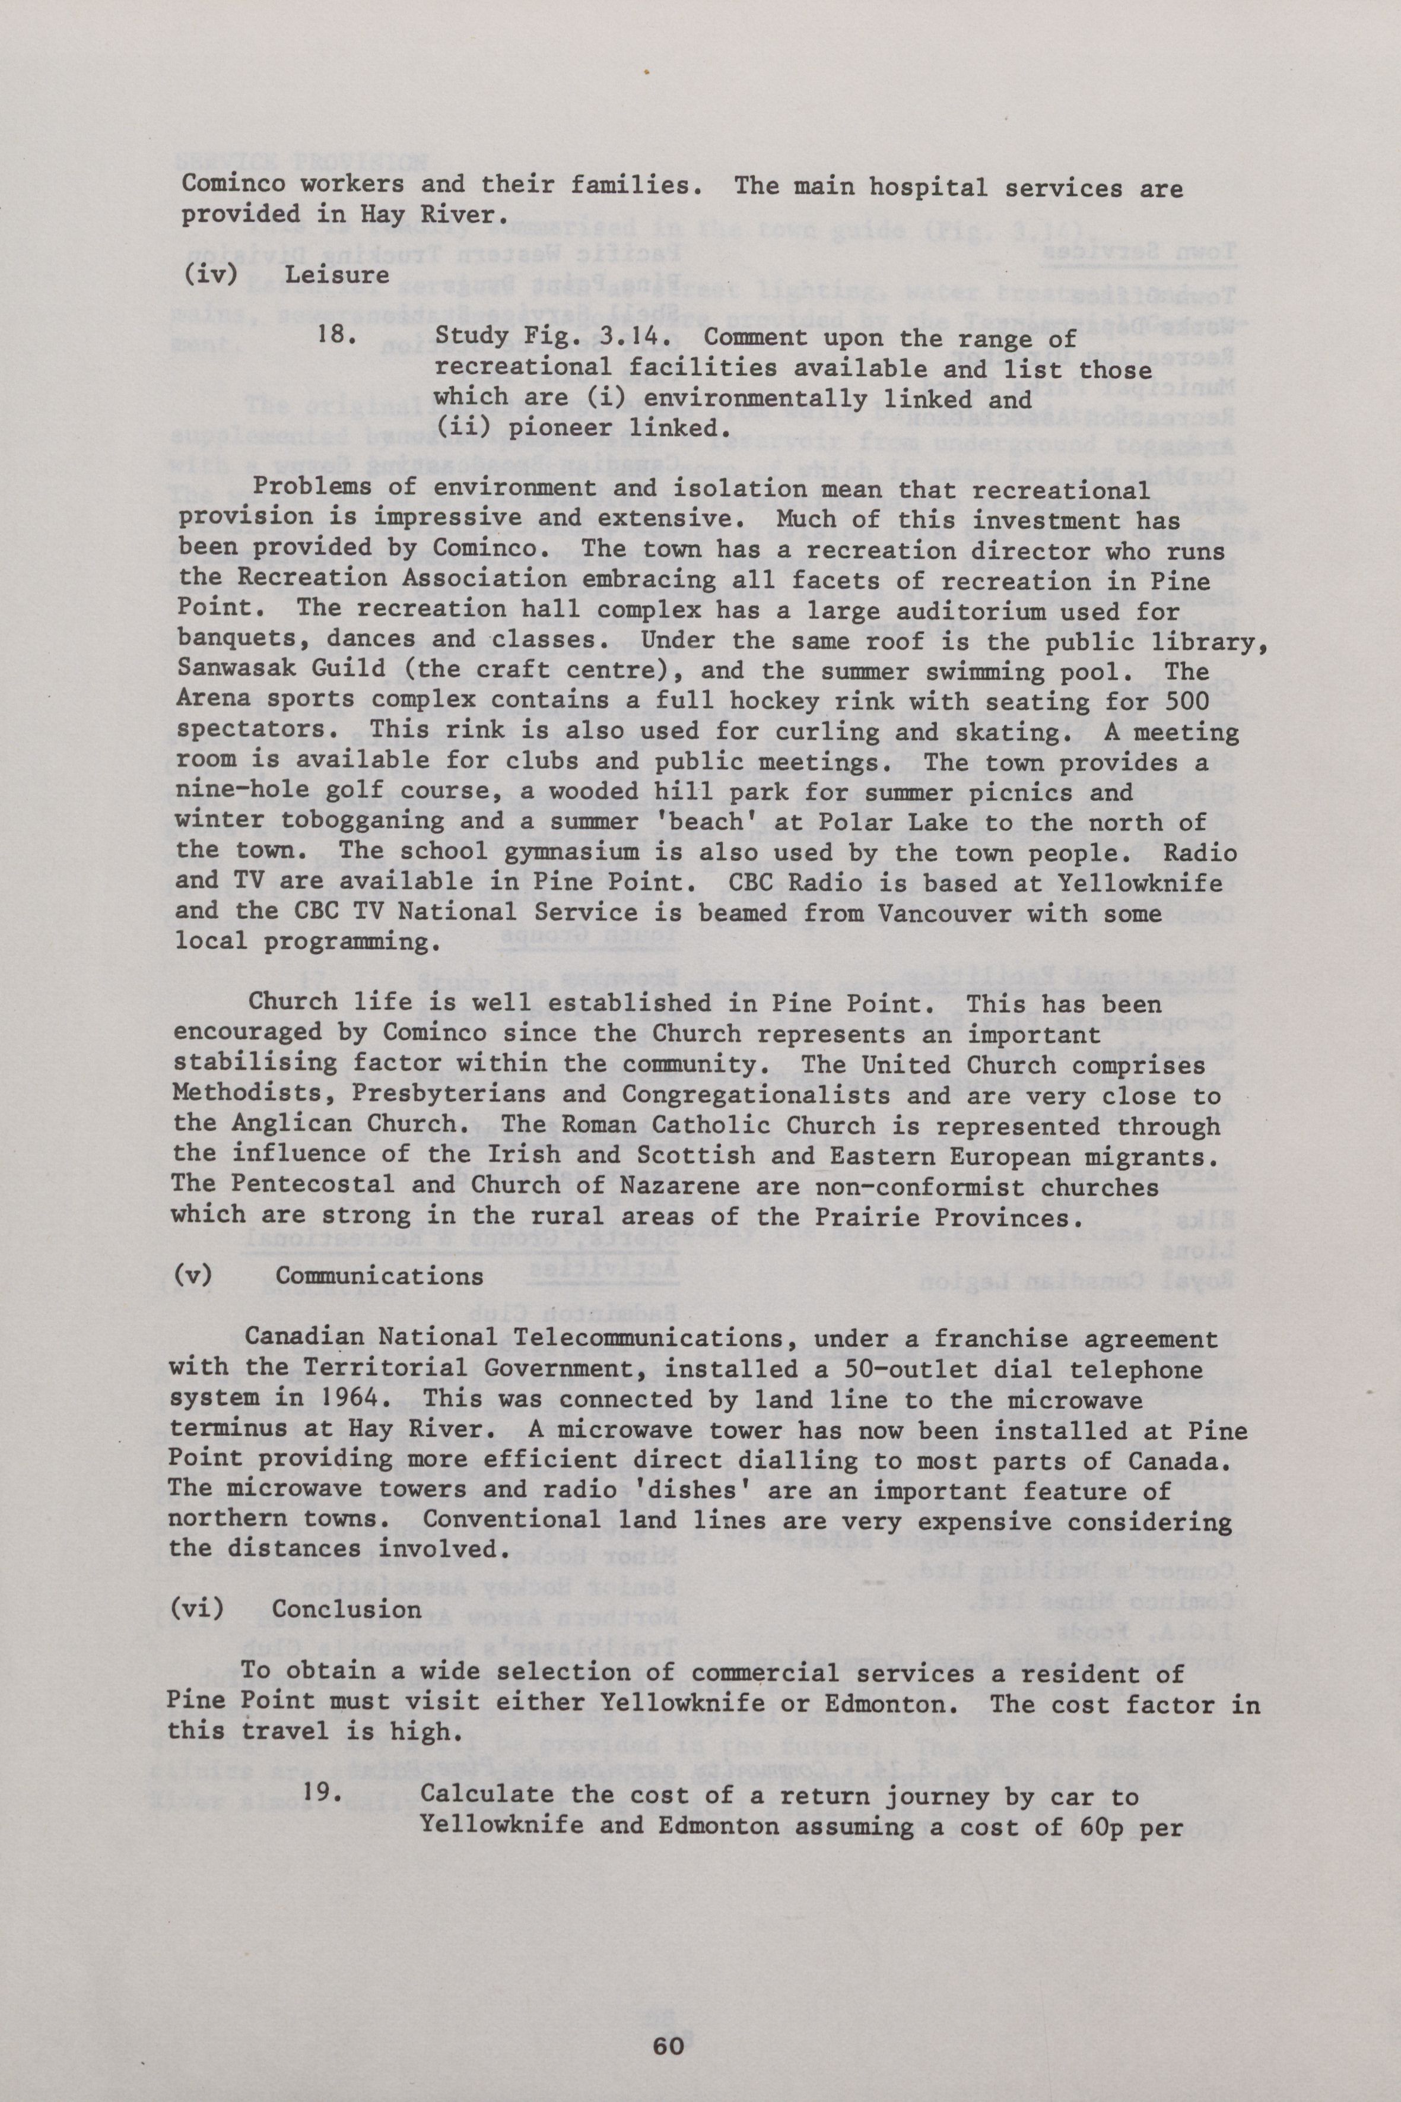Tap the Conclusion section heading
click(x=347, y=1609)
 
